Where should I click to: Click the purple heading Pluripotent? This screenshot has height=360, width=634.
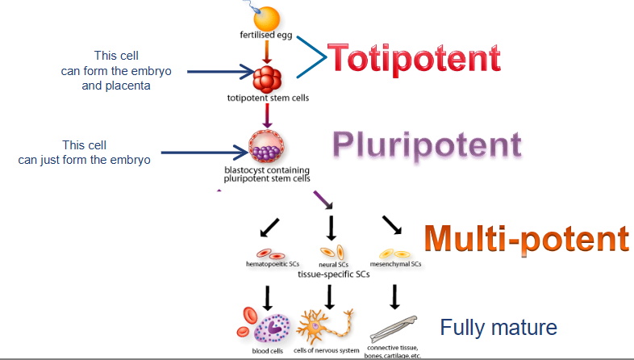point(427,145)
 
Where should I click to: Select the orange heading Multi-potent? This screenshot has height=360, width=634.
point(526,239)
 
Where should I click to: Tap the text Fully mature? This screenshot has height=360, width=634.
point(498,328)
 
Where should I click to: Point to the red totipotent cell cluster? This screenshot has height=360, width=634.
point(268,79)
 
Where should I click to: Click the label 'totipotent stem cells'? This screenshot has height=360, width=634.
point(268,98)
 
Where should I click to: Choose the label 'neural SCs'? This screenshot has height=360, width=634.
point(332,263)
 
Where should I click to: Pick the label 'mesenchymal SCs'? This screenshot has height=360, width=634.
point(395,263)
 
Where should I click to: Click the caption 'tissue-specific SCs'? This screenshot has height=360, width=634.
point(333,274)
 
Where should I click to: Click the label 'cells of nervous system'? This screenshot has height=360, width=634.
point(327,351)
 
